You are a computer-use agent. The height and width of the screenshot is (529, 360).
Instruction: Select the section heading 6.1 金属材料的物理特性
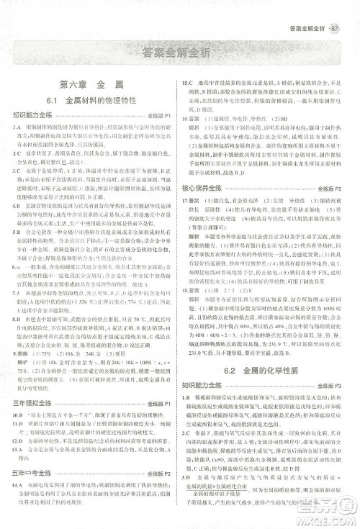[x=91, y=101]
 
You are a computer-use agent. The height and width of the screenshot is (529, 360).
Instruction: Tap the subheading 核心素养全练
[x=206, y=207]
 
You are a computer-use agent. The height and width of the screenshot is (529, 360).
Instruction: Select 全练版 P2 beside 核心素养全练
[x=333, y=208]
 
